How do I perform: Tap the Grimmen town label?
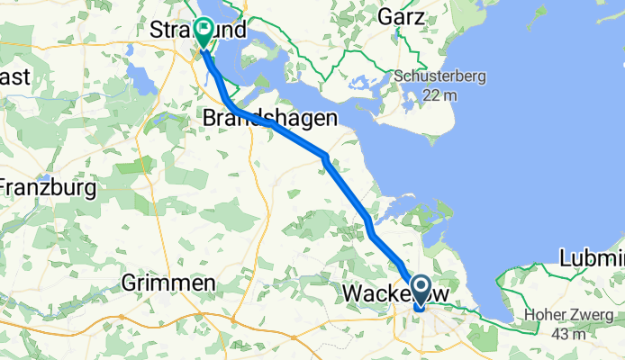[x=169, y=283]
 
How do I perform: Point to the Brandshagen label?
[x=270, y=119]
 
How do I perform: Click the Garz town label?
[x=403, y=16]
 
